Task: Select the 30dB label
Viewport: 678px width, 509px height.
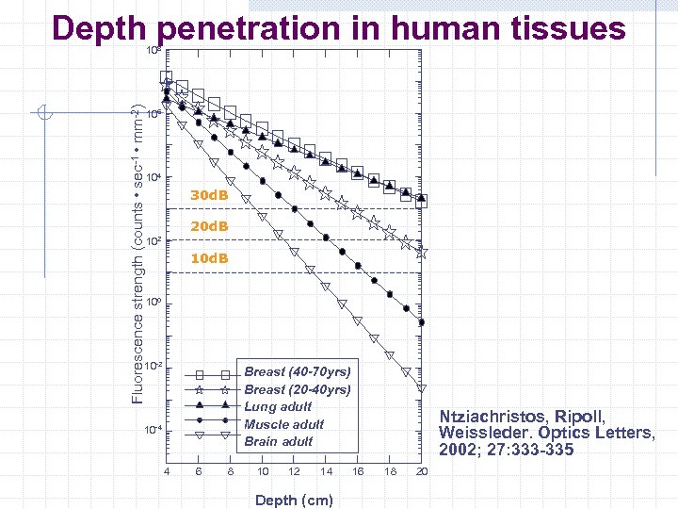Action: [209, 195]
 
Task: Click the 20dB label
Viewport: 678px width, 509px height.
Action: [209, 227]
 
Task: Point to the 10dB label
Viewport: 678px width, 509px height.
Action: [209, 258]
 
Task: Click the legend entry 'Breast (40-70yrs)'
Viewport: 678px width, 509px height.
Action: [298, 371]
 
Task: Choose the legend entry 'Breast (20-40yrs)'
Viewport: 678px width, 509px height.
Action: [298, 389]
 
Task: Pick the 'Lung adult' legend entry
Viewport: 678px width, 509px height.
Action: [278, 406]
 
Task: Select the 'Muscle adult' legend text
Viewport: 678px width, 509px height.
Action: [283, 424]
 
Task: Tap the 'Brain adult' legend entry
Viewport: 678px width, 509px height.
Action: [279, 441]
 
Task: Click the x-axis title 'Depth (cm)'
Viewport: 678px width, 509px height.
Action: [294, 500]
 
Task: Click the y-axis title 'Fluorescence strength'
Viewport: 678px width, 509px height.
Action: [137, 254]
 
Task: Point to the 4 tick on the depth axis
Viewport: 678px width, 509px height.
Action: [167, 471]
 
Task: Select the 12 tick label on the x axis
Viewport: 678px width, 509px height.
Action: [294, 471]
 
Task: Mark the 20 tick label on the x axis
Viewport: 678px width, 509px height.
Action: [422, 471]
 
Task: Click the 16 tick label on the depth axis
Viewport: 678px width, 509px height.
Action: [358, 471]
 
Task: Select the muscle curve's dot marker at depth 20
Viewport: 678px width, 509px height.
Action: [421, 322]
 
